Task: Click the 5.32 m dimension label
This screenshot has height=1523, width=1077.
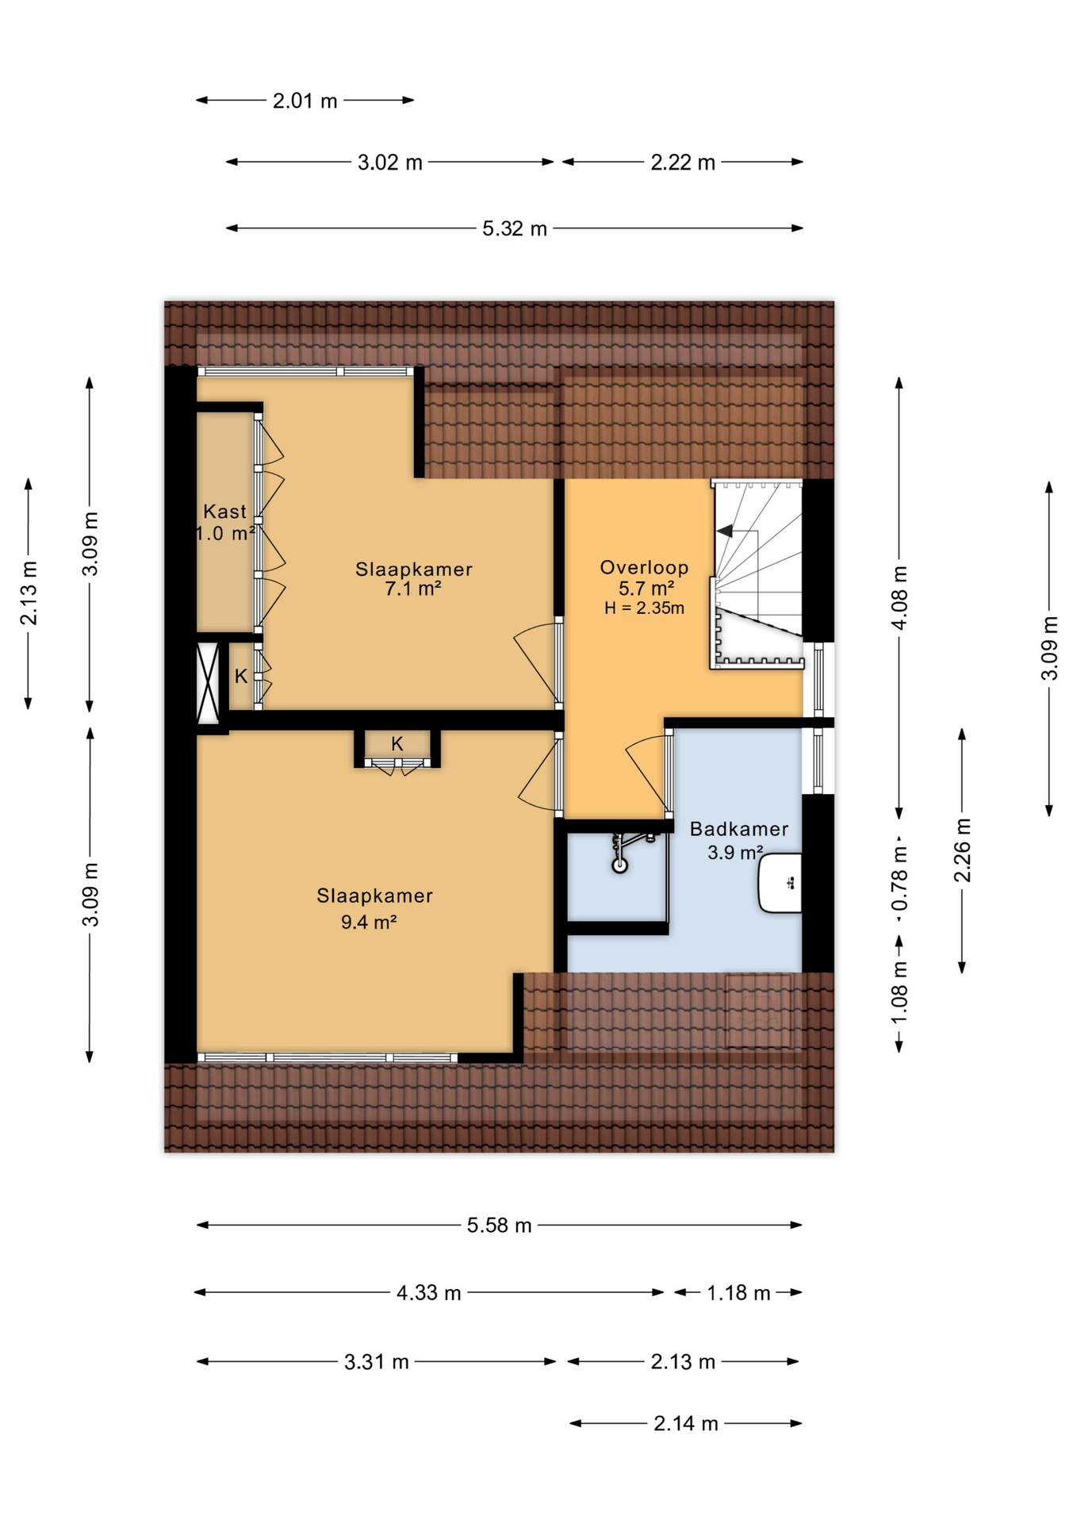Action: coord(515,228)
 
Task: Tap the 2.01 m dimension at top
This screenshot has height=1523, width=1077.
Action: coord(305,101)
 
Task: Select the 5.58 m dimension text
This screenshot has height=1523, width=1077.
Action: coord(499,1225)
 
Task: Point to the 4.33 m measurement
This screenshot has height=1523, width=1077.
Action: coord(428,1293)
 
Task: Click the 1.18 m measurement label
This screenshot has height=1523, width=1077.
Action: coord(738,1293)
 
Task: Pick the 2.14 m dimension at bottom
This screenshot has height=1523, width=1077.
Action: coord(686,1424)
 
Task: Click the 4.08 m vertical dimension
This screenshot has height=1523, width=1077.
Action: coord(899,598)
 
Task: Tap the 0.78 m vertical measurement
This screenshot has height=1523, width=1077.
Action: coord(899,878)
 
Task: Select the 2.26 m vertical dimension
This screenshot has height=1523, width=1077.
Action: coord(962,850)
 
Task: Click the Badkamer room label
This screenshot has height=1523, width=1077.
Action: coord(739,829)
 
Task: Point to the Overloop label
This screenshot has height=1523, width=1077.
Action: coord(644,567)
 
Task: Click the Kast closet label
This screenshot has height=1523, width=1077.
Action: coord(225,512)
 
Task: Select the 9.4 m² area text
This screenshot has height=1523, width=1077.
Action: coord(369,922)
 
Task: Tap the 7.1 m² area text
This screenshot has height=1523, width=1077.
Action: coord(413,589)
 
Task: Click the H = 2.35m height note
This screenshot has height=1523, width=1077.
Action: coord(644,608)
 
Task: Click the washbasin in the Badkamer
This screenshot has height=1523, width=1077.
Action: coord(781,882)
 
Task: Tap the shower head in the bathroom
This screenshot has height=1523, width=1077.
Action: coord(619,865)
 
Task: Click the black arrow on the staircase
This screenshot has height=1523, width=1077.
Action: coord(724,531)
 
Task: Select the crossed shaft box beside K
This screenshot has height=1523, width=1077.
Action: coord(208,682)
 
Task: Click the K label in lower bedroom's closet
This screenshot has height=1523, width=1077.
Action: coord(397,744)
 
